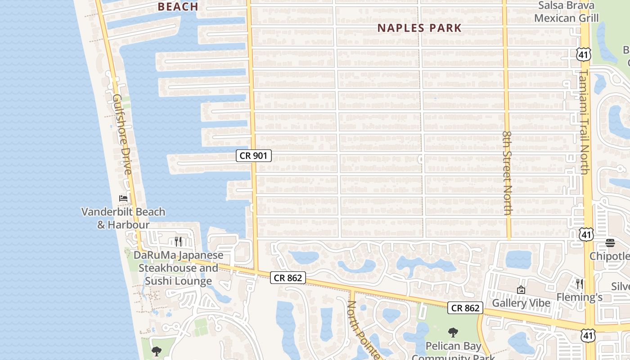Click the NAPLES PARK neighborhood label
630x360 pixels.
tap(419, 28)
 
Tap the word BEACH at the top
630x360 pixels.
tap(179, 7)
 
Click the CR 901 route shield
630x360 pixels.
tap(254, 156)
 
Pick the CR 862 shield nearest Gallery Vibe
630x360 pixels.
tap(465, 308)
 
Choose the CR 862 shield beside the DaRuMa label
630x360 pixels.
tap(288, 278)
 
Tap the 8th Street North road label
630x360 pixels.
tap(508, 173)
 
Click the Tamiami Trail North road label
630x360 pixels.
tap(584, 121)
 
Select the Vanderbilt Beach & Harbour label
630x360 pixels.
tap(123, 218)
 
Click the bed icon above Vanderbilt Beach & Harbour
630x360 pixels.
tap(123, 198)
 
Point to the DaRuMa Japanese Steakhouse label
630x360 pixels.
tap(179, 268)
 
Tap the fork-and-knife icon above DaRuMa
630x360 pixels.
tap(178, 242)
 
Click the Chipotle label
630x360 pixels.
tap(610, 256)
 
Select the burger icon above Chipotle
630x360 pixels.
tap(610, 243)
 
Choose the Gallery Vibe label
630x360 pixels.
tap(521, 303)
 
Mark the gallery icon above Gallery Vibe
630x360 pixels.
tap(521, 290)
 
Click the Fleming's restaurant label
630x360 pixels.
tap(580, 297)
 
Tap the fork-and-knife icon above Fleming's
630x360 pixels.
tap(580, 283)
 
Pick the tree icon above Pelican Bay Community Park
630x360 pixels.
tap(453, 333)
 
